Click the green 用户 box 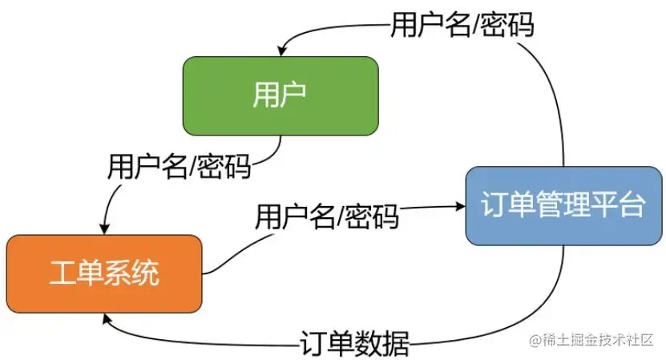[280, 95]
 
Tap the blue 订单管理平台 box [564, 205]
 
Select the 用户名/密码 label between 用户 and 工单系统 [180, 167]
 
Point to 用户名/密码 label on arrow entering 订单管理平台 [327, 216]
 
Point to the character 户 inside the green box [294, 95]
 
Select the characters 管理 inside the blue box [564, 205]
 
